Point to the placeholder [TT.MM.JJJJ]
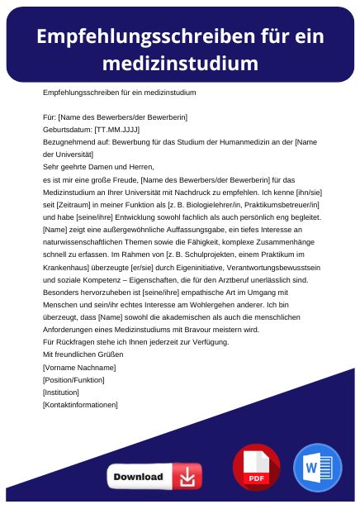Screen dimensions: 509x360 117,130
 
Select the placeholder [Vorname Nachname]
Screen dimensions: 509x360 79,367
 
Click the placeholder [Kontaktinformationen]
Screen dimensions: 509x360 80,404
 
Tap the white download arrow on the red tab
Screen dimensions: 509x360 188,477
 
